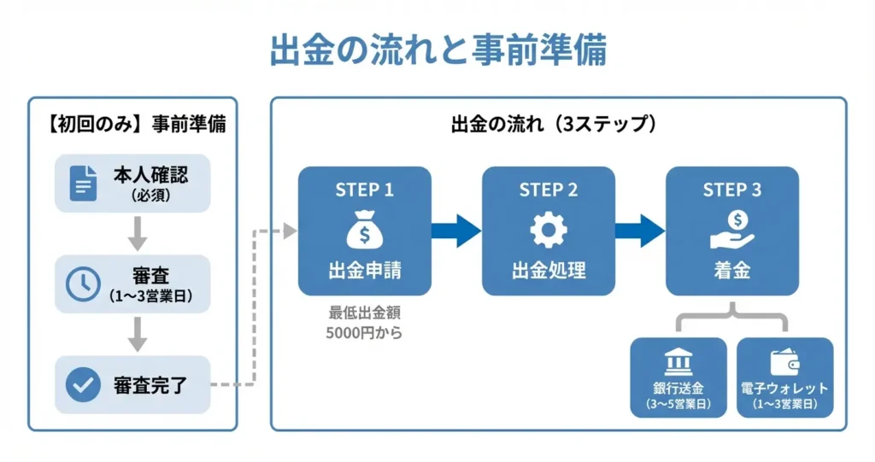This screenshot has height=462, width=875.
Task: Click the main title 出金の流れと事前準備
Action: (438, 50)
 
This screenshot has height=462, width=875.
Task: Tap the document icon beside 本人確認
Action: (83, 183)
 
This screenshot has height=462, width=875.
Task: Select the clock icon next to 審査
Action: (83, 284)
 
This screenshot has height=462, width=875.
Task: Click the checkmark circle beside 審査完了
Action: (83, 384)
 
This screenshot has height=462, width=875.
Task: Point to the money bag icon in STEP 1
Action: (364, 230)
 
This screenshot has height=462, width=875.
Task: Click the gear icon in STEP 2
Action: (549, 230)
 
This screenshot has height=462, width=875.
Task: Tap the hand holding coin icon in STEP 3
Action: (732, 230)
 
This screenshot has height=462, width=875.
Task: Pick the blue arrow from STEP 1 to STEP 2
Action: (456, 231)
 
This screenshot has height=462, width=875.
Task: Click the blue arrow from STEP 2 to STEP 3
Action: (640, 231)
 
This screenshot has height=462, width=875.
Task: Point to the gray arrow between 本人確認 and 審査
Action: (138, 234)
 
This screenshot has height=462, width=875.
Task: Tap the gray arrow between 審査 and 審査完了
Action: (138, 335)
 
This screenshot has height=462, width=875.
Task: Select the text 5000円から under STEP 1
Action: (364, 333)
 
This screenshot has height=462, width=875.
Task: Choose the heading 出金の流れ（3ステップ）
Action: (554, 124)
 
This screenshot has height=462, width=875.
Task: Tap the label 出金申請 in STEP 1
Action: (364, 271)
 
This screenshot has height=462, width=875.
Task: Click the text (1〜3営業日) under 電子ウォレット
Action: (784, 404)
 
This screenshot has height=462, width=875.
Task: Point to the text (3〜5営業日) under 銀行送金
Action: (678, 404)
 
